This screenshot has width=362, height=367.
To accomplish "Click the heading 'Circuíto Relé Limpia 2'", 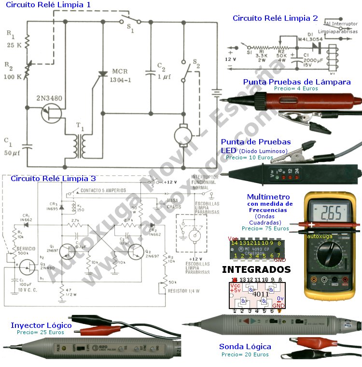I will click(x=275, y=18).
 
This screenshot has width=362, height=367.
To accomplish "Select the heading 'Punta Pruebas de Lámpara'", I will click(x=296, y=82).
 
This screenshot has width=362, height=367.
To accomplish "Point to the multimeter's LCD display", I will click(x=330, y=211).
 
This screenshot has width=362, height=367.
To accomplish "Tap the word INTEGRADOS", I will click(x=256, y=269).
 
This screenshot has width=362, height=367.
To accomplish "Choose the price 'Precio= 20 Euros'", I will click(x=245, y=354).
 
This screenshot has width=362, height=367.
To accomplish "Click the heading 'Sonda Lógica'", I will click(x=245, y=347).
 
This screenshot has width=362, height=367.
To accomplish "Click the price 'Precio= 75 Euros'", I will click(x=264, y=228).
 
